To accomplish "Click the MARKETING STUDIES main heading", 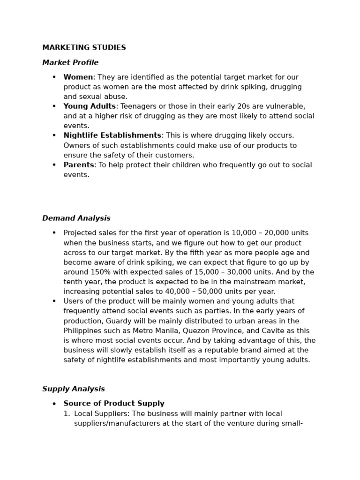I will pyautogui.click(x=84, y=48).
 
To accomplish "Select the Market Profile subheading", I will pyautogui.click(x=70, y=63).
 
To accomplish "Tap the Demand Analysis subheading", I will pyautogui.click(x=76, y=218).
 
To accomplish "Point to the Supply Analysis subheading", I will pyautogui.click(x=74, y=389).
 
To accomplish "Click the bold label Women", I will pyautogui.click(x=78, y=77).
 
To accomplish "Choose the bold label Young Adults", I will pyautogui.click(x=90, y=106).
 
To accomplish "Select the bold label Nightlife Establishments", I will pyautogui.click(x=112, y=135).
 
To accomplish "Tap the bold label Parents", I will pyautogui.click(x=79, y=165).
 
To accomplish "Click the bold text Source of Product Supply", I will pyautogui.click(x=114, y=404).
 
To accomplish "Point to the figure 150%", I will pyautogui.click(x=94, y=272).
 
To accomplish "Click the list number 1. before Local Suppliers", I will pyautogui.click(x=67, y=414).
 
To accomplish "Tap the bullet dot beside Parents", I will pyautogui.click(x=54, y=165).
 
